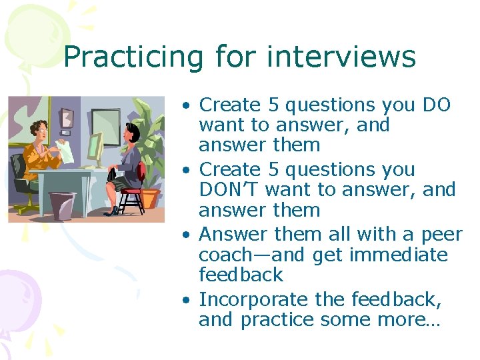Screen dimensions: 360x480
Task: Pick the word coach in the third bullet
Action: click(227, 255)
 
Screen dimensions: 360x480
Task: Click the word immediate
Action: click(397, 255)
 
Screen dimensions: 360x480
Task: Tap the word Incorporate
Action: click(257, 300)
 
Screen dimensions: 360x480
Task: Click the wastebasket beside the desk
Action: click(64, 205)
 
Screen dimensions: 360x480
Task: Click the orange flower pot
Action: click(150, 198)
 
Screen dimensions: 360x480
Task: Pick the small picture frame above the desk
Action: click(65, 118)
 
